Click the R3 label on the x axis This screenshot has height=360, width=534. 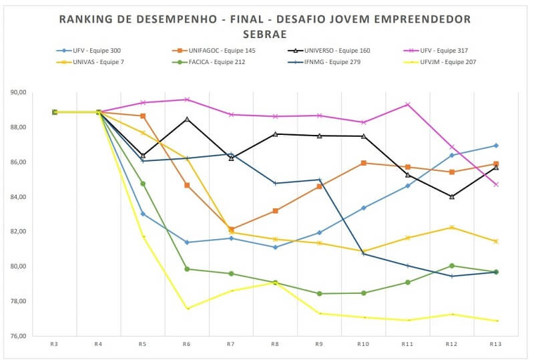[x=54, y=344]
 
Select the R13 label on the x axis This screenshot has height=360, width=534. [x=495, y=344]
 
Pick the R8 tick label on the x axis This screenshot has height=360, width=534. [x=275, y=344]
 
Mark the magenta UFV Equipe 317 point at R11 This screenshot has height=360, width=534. [x=407, y=104]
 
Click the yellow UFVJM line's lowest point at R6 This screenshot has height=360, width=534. [x=187, y=309]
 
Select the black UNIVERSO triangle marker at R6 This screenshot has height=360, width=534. [x=187, y=119]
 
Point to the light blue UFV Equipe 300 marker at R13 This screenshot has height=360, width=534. [x=495, y=146]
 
